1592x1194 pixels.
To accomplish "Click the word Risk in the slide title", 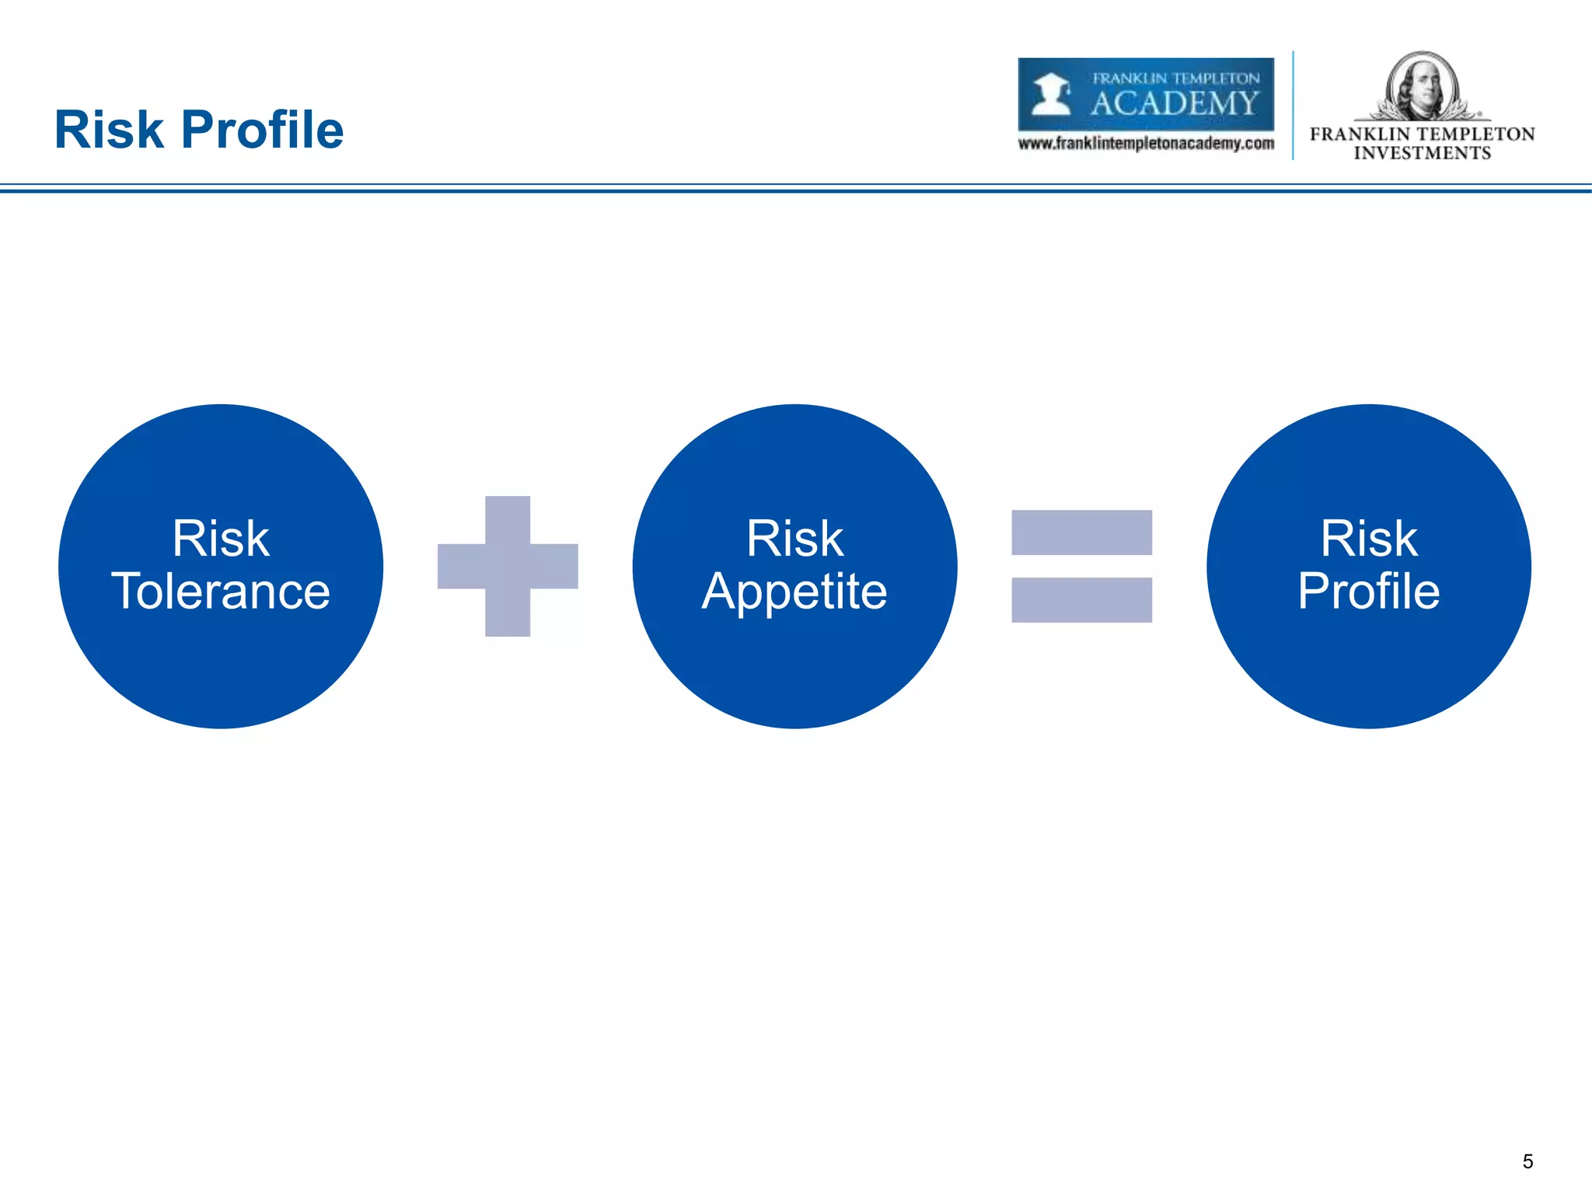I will (x=109, y=130).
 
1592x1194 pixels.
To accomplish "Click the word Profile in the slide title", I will (x=262, y=130).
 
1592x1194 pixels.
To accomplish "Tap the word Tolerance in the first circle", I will (x=221, y=592).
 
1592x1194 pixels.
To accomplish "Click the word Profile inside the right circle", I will (x=1368, y=592).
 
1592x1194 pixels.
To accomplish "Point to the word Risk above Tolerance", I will (x=221, y=538).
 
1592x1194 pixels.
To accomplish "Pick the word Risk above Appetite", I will (x=794, y=538).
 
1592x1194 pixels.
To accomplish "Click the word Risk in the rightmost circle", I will (x=1368, y=538).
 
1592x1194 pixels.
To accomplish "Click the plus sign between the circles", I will (x=508, y=566).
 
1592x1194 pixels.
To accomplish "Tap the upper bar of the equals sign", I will (x=1081, y=532).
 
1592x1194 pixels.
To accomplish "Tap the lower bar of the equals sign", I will (x=1081, y=599).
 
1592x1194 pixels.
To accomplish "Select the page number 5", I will (x=1527, y=1161).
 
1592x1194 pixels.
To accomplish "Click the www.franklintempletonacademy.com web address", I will (x=1146, y=144).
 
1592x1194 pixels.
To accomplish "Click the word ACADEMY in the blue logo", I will (x=1174, y=103).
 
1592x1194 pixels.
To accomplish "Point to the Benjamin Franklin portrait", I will (x=1422, y=86).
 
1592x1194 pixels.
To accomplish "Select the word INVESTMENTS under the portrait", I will (x=1422, y=153).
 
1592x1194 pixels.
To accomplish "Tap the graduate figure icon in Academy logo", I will (x=1051, y=94).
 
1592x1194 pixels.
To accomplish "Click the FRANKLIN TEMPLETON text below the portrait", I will (x=1422, y=134).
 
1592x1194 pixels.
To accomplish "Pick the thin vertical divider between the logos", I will (x=1293, y=105).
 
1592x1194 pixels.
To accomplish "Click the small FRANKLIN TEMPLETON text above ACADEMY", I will (x=1175, y=79).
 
